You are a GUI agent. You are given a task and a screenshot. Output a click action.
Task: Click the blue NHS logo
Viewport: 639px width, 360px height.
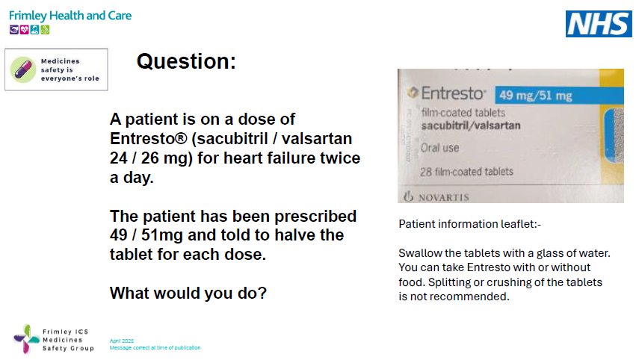597,24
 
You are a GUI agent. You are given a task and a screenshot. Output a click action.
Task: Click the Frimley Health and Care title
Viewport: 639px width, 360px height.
70,15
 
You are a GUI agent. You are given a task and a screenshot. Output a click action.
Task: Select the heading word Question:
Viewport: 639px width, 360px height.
186,62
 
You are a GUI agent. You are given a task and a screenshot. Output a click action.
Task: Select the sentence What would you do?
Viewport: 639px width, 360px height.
188,294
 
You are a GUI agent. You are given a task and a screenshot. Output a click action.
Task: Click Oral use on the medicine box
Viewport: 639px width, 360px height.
441,148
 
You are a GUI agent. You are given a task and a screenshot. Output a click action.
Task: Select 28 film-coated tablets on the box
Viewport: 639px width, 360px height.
468,172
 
